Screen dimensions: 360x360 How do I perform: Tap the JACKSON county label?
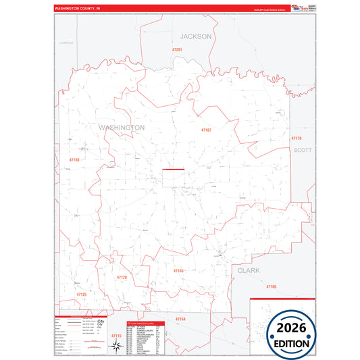coord(196,36)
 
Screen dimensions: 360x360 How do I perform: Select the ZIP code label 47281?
coord(178,50)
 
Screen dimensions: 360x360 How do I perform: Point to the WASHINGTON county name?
coord(122,127)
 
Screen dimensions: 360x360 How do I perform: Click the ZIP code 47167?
coord(206,130)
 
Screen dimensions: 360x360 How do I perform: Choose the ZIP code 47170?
coord(297,138)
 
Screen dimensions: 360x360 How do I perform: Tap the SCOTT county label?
coord(303,151)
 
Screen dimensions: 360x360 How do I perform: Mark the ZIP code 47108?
coord(74,159)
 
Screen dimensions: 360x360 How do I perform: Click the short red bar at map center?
coord(173,169)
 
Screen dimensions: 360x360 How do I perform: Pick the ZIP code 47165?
coord(178,271)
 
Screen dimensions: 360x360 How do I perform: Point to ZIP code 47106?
coord(271,286)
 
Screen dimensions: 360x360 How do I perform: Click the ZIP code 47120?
coord(122,277)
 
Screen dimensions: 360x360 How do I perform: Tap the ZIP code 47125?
coord(81,294)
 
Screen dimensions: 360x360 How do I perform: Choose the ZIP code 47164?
coord(180,318)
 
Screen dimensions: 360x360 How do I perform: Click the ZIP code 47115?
coord(116,336)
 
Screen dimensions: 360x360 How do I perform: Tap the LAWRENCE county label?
coord(66,43)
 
